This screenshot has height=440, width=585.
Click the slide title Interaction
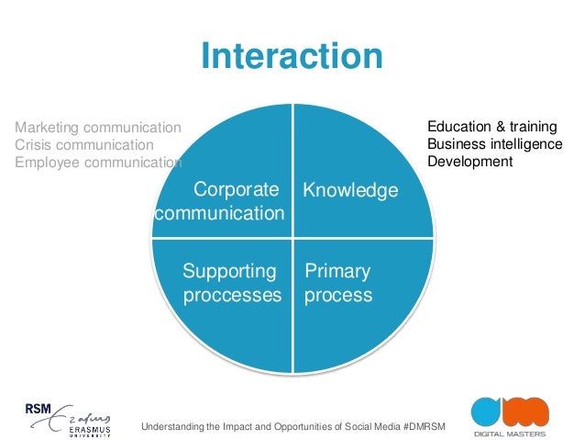click(292, 57)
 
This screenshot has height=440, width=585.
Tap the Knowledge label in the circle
click(350, 191)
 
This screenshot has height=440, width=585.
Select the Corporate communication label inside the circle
click(220, 202)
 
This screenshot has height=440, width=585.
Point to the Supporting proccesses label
click(232, 283)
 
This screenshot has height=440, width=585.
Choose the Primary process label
click(338, 283)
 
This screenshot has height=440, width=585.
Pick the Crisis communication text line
click(84, 144)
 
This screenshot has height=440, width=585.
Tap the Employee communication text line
click(98, 163)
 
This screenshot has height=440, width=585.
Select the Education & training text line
click(492, 127)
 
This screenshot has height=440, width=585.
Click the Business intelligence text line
click(495, 144)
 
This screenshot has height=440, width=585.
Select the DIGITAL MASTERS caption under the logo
click(509, 434)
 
